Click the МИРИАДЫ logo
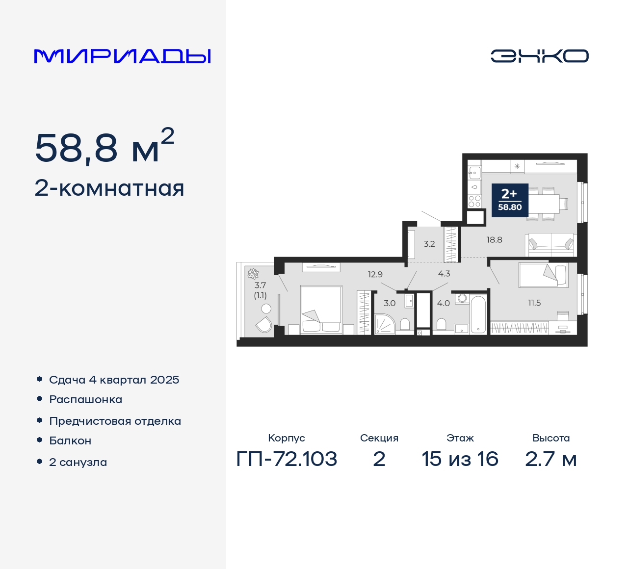[x=122, y=56]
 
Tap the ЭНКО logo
[x=539, y=56]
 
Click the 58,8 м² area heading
[x=105, y=147]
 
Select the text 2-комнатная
[x=109, y=188]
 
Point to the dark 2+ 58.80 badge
[x=510, y=200]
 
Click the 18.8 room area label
[x=494, y=240]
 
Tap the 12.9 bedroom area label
[x=375, y=275]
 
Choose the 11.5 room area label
[x=534, y=303]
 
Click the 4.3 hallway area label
[x=444, y=274]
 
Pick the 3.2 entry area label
[x=429, y=244]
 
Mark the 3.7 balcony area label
[x=260, y=285]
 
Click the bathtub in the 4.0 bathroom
[x=478, y=314]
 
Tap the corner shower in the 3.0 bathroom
[x=385, y=324]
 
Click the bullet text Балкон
[x=70, y=440]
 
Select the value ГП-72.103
[x=287, y=459]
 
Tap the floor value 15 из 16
[x=460, y=459]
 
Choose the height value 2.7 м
[x=550, y=459]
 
